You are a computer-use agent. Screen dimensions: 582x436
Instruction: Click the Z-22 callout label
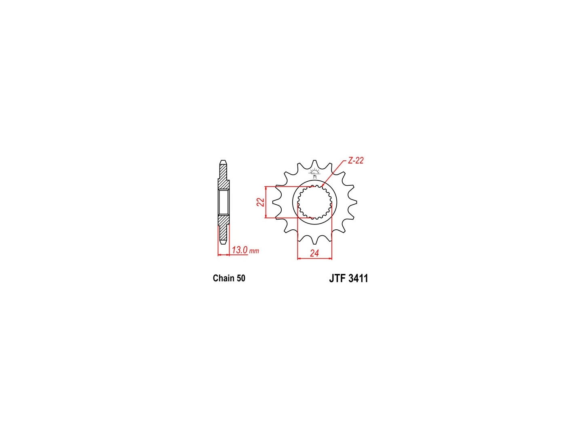pos(355,160)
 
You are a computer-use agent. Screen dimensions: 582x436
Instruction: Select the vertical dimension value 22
pos(261,202)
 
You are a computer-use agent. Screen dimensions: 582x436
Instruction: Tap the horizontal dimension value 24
pos(314,254)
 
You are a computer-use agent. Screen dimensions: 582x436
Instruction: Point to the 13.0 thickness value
pos(239,250)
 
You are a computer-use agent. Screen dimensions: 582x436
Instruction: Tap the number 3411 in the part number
pos(358,279)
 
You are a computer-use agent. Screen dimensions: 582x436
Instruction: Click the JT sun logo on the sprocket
pos(314,172)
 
